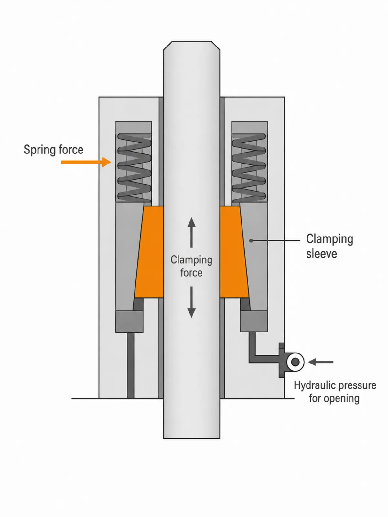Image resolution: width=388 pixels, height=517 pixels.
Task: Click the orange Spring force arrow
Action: pos(86,162)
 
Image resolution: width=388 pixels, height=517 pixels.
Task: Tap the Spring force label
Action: pos(53,150)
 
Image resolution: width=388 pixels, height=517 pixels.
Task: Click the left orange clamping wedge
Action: pos(149,252)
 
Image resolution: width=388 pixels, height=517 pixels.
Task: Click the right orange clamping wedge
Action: pos(234,252)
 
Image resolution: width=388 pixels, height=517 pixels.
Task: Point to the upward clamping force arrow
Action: pos(191,232)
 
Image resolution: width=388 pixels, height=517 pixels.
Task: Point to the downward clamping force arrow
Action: pos(191,302)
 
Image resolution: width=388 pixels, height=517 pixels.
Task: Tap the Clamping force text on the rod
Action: pos(191,266)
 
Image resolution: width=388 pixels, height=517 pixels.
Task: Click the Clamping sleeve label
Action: pos(329,246)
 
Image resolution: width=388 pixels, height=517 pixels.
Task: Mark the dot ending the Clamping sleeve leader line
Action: pos(251,241)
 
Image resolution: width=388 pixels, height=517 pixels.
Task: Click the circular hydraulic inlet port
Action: pos(295,362)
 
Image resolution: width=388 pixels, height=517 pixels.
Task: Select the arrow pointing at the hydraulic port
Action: pos(321,362)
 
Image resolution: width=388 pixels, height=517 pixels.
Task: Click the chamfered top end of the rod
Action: pos(191,46)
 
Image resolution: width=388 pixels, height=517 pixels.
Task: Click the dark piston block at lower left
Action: pos(129,322)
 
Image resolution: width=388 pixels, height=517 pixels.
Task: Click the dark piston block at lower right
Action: pos(254,321)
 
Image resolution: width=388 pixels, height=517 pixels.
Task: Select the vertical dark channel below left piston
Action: pos(131,365)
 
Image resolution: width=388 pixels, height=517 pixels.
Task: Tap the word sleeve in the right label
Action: pos(321,254)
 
